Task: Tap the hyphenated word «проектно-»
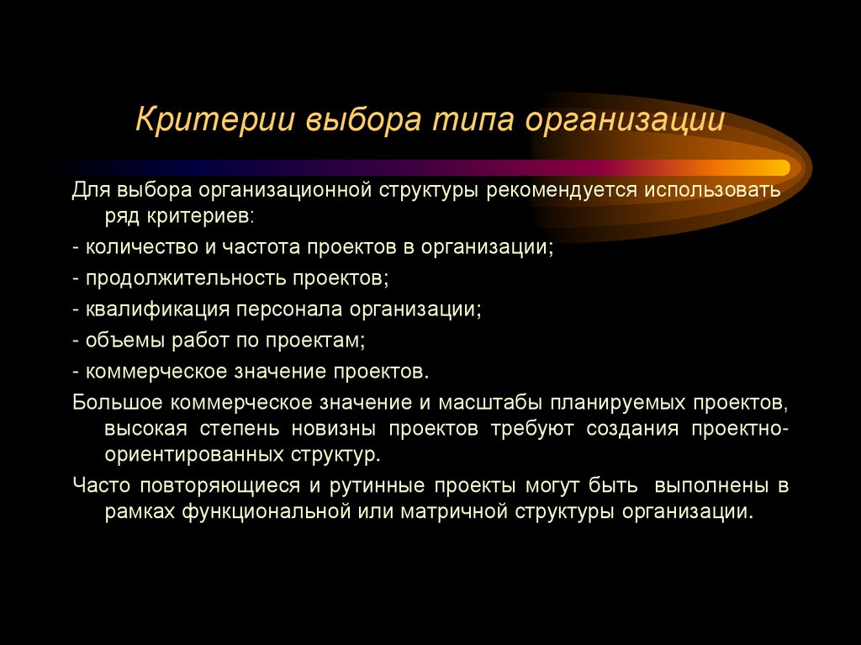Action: tap(740, 429)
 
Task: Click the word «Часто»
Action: tap(98, 485)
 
